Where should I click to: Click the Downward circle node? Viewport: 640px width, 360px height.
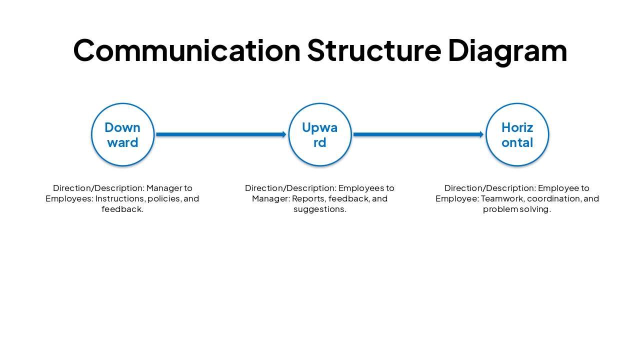(122, 134)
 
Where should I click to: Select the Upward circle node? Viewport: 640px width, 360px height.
(320, 134)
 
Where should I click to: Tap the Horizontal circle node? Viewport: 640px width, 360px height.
(517, 134)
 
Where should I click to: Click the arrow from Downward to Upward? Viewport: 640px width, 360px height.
(220, 134)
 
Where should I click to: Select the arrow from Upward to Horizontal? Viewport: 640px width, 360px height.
(417, 134)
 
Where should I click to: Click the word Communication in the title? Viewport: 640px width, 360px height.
(186, 50)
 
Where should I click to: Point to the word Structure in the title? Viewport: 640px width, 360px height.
(374, 50)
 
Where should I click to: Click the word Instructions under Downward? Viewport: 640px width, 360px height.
(120, 198)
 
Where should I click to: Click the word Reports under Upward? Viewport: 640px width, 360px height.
(309, 198)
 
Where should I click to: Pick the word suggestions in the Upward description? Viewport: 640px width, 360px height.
(319, 209)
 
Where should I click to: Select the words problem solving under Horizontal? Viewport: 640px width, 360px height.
(517, 209)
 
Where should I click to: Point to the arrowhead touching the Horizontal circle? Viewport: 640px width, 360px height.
(482, 134)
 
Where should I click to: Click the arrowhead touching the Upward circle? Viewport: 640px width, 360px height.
(284, 134)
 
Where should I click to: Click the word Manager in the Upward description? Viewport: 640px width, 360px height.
(270, 198)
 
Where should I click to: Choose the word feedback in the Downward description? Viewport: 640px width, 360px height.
(122, 209)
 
